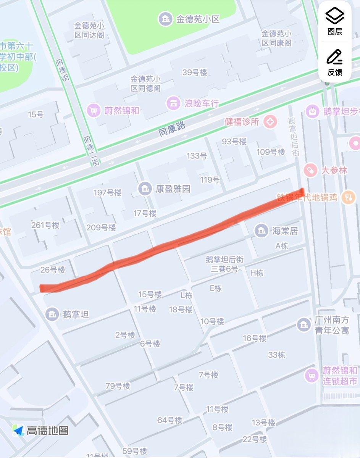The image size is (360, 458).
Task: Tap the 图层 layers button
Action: (x=334, y=22)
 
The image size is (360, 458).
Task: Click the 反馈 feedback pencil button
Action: (x=334, y=63)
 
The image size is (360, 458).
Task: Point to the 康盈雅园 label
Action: (x=173, y=189)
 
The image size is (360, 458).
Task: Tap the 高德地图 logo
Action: (x=40, y=431)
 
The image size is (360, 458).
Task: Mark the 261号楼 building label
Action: (x=45, y=225)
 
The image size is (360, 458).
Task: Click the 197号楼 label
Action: (x=108, y=193)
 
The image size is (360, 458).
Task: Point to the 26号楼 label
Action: (x=53, y=270)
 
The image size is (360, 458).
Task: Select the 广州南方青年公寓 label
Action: (x=331, y=325)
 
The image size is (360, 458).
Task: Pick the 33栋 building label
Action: (x=276, y=355)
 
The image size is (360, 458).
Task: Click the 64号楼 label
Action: (x=170, y=420)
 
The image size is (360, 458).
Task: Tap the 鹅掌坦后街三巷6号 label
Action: (x=224, y=264)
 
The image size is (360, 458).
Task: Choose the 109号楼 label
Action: (x=271, y=152)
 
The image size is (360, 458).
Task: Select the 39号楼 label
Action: (x=194, y=73)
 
